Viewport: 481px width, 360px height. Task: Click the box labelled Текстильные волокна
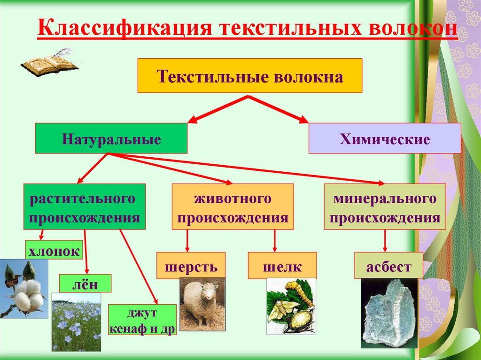click(249, 76)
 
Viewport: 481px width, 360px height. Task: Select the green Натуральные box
click(111, 138)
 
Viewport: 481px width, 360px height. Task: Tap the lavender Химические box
click(384, 138)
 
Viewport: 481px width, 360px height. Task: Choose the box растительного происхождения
click(85, 207)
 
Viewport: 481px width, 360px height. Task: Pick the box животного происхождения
click(233, 207)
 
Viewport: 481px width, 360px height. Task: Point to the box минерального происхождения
click(385, 207)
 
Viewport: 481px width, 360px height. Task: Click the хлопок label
click(54, 250)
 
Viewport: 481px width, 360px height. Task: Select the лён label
click(85, 284)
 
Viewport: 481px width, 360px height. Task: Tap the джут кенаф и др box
click(142, 320)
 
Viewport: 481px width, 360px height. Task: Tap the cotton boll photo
click(23, 289)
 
